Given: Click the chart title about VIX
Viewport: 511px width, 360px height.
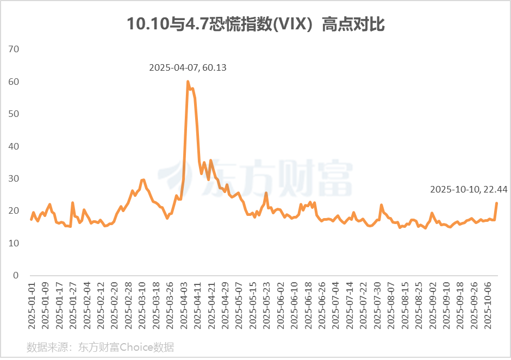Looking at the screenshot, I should [x=255, y=24].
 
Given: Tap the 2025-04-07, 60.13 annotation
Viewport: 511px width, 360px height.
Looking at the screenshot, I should [x=188, y=68].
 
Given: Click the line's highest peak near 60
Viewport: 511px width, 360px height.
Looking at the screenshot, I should [x=188, y=82].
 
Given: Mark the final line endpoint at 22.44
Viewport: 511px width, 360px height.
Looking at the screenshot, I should [x=496, y=203].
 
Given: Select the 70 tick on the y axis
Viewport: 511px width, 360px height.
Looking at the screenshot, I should [x=14, y=49].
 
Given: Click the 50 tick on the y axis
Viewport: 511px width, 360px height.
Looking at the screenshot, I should [x=14, y=114].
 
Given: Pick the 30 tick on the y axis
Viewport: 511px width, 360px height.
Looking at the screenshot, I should [x=14, y=179].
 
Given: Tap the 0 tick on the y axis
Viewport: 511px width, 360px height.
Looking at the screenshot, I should [x=16, y=276].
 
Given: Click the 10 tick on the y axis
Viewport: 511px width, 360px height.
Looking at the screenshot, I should [x=14, y=243].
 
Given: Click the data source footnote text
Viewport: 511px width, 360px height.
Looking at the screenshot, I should [x=100, y=347].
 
